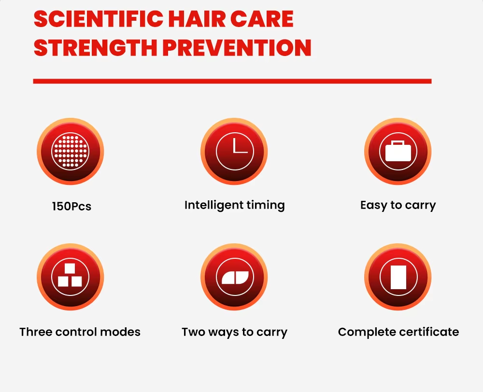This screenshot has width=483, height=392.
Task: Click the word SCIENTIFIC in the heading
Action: click(99, 19)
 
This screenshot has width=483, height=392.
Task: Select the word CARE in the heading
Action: click(262, 19)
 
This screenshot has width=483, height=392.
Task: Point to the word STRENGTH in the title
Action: click(96, 48)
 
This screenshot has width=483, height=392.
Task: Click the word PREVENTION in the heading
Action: click(237, 48)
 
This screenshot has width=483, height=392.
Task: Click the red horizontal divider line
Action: click(232, 81)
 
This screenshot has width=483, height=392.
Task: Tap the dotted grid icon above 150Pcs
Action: click(70, 152)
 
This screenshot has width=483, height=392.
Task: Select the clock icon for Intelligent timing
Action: click(234, 152)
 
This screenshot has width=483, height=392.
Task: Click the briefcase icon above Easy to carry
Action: click(398, 152)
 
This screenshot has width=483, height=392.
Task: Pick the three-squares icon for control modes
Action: click(70, 277)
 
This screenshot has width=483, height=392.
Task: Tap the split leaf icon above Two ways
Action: click(234, 277)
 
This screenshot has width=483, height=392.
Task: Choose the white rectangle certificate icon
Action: click(398, 277)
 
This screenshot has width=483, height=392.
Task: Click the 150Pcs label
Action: click(72, 206)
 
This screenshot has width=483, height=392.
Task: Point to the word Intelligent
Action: click(212, 206)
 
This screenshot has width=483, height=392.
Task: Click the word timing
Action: click(264, 206)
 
